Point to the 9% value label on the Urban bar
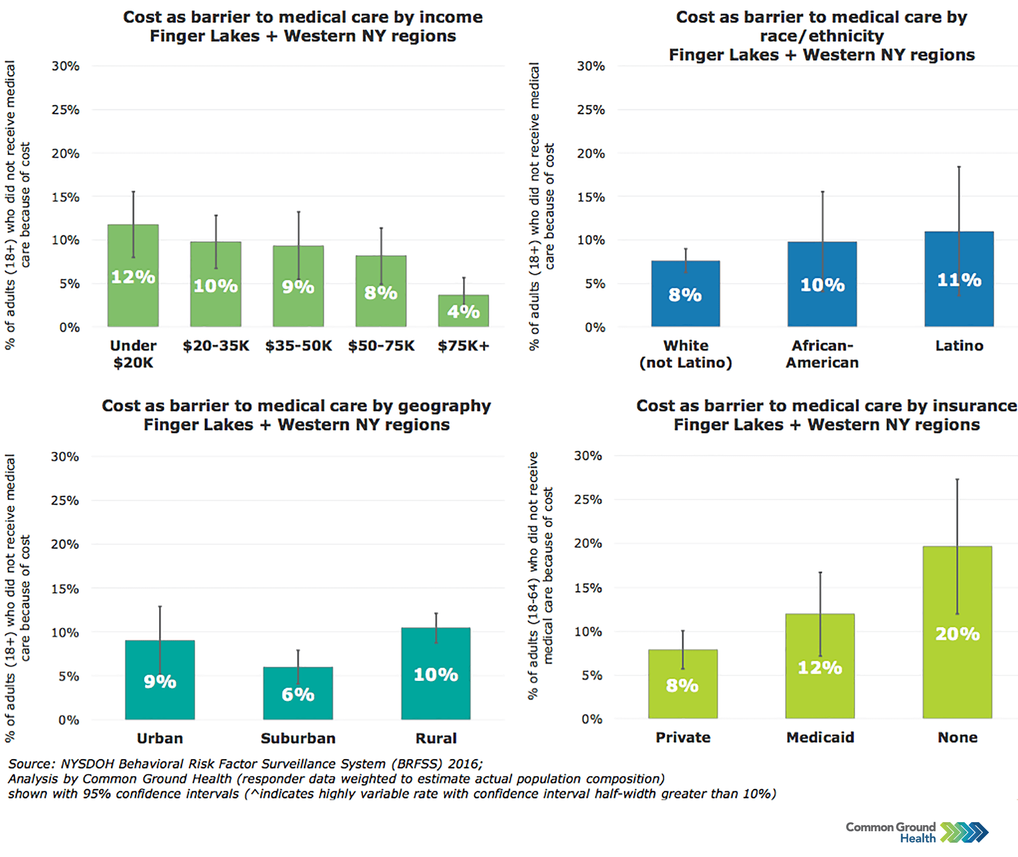[x=160, y=681]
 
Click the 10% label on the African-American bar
[x=822, y=285]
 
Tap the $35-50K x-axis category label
[x=298, y=345]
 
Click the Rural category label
[x=435, y=738]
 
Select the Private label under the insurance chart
[x=682, y=737]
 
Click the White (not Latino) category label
[x=685, y=354]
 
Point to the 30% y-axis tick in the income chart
[x=65, y=66]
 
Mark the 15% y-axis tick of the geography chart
[x=65, y=589]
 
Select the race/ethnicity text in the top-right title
[x=821, y=36]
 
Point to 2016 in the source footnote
[x=464, y=764]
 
